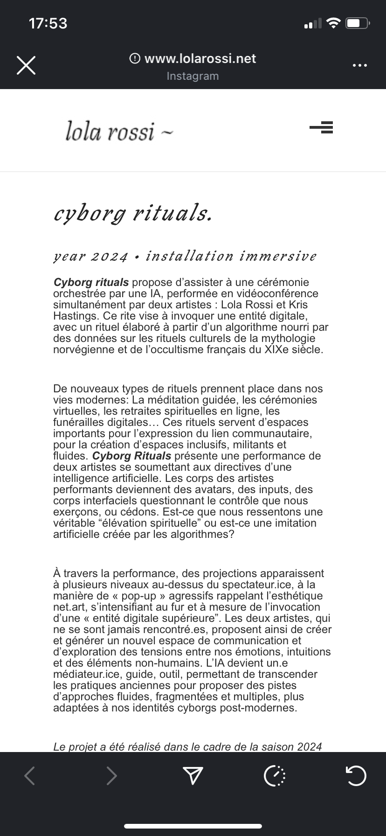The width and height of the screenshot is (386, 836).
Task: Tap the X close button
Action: (26, 65)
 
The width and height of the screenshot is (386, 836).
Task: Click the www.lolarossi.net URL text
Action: (200, 58)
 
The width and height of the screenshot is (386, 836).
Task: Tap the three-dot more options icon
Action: (359, 65)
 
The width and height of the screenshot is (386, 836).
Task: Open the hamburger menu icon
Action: (321, 127)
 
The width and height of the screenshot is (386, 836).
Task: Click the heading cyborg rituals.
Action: (133, 214)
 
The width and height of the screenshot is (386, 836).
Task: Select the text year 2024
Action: (90, 257)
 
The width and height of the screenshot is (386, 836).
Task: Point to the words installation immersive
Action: (231, 256)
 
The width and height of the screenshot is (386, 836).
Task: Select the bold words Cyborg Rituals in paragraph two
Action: (132, 456)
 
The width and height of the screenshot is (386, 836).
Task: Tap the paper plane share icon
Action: (193, 775)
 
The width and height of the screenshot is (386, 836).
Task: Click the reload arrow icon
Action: (357, 775)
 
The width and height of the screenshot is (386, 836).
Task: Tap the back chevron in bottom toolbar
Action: (30, 775)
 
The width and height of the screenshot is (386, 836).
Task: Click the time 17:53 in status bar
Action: (48, 23)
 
